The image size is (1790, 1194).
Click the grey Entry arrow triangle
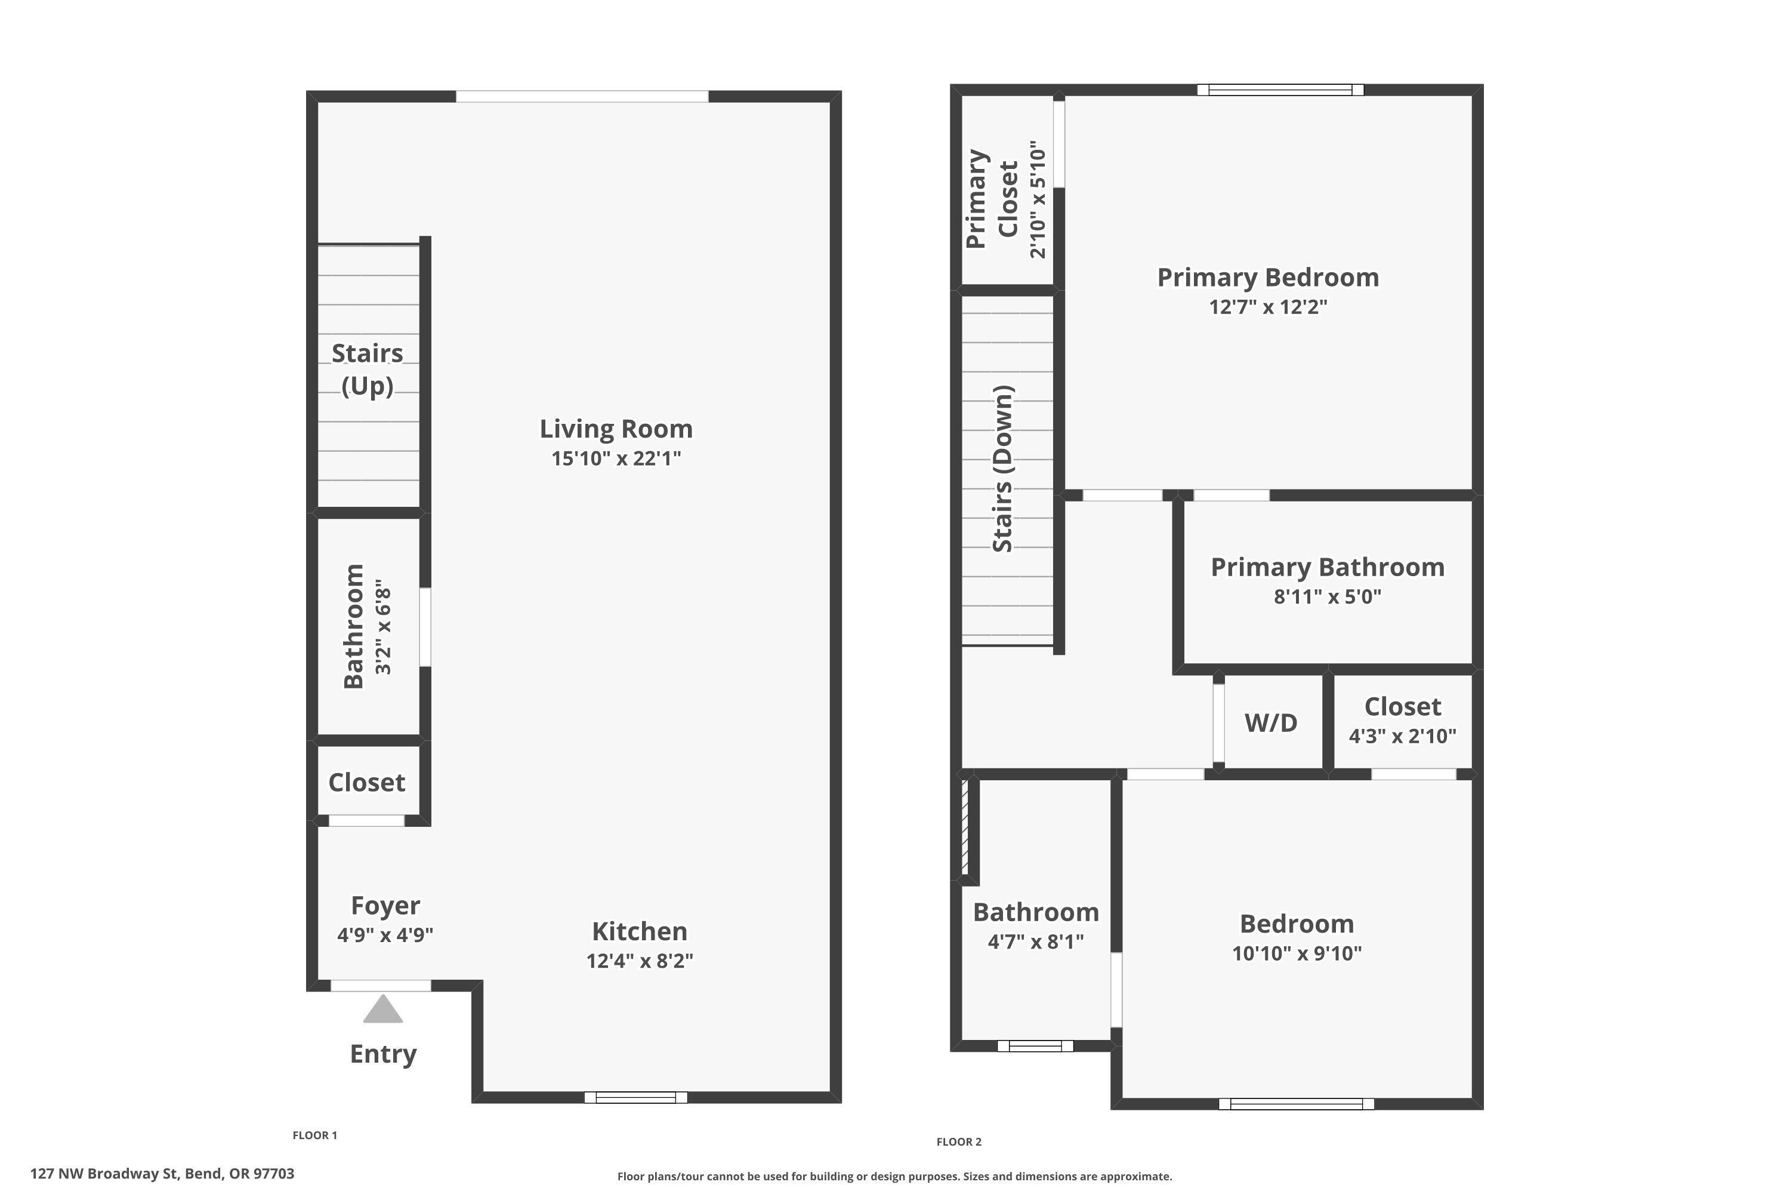[383, 1010]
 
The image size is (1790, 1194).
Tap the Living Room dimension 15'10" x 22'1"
[616, 458]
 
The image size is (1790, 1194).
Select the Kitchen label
[639, 931]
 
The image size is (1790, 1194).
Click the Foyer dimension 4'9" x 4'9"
[385, 935]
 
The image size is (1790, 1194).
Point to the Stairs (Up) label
[367, 370]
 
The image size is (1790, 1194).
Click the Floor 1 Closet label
[366, 783]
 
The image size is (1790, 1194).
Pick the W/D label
[1270, 722]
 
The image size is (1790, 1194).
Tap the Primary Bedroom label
[1267, 277]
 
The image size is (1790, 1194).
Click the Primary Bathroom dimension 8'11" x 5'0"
[1327, 597]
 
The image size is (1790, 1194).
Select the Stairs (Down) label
[1004, 469]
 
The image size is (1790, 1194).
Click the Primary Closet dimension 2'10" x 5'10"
[1038, 199]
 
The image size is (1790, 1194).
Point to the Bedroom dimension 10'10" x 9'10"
[1296, 953]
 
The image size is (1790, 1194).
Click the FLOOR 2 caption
[958, 1141]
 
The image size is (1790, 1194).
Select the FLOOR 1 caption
[314, 1135]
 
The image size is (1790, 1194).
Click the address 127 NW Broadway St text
[162, 1174]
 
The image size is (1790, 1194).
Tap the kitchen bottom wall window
[635, 1097]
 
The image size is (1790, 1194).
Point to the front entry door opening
[381, 986]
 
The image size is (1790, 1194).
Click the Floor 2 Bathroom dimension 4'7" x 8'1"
[1035, 942]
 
